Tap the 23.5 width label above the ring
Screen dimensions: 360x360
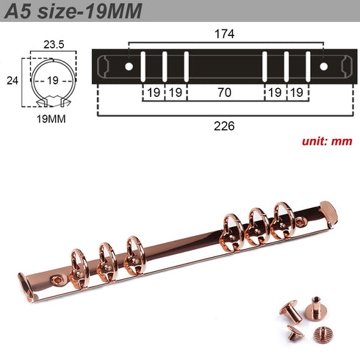coord(52,43)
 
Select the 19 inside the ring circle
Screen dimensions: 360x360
coord(52,80)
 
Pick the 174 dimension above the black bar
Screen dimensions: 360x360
coord(225,35)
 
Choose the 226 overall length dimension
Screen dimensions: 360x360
coord(225,126)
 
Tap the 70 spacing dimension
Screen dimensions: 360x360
coord(225,94)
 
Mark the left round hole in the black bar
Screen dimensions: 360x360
coord(129,67)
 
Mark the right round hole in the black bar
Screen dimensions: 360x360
coord(323,67)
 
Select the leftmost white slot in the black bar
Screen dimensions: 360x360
coord(143,66)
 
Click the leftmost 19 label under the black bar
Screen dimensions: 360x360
coord(154,94)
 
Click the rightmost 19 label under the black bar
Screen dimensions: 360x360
coord(296,94)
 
